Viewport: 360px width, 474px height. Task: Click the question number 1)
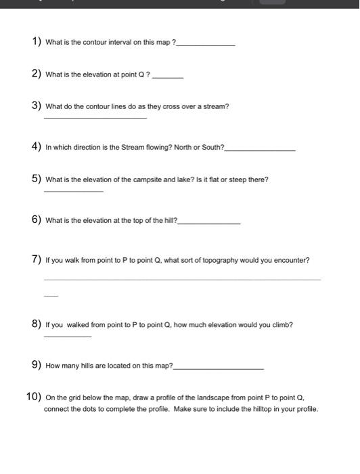[37, 42]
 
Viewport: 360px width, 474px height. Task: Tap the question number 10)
[35, 397]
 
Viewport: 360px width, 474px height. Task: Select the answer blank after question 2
[168, 77]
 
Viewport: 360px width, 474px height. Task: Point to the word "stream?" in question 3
[217, 106]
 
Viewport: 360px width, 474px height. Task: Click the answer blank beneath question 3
[95, 119]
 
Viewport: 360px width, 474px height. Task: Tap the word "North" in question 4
[174, 147]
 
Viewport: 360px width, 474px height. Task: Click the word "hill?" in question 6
[166, 221]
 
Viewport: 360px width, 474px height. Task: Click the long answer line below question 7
[182, 279]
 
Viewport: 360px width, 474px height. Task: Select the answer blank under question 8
[67, 337]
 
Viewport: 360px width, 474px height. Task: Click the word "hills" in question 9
[90, 366]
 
